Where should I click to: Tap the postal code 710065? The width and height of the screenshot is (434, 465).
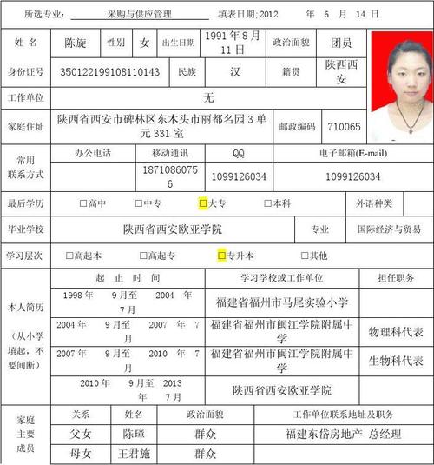[x=344, y=127]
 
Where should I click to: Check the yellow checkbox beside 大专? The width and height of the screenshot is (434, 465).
[x=203, y=203]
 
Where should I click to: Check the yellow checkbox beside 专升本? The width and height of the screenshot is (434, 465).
[x=221, y=256]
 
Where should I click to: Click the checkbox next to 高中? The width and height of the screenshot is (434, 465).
[x=83, y=203]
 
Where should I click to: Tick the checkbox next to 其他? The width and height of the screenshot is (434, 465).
[x=305, y=256]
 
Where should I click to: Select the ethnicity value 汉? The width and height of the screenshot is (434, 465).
[x=234, y=71]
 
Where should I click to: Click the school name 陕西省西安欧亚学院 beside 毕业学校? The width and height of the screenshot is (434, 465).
[x=173, y=229]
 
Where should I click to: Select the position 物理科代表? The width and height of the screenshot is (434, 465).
[x=396, y=331]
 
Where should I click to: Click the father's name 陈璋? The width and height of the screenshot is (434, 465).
[x=134, y=433]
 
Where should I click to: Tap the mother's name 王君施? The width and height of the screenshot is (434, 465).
[x=134, y=454]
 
